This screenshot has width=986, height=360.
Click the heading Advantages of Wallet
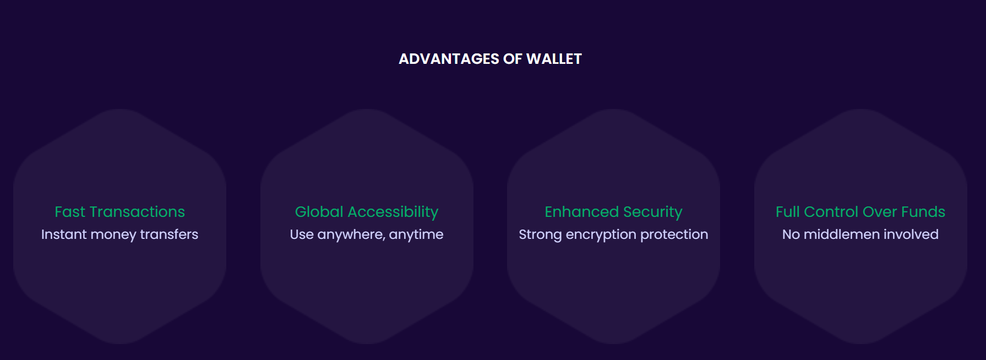(490, 59)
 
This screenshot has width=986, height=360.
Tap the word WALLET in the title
(554, 59)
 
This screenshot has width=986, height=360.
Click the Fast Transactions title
(119, 212)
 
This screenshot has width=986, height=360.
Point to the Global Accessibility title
(367, 212)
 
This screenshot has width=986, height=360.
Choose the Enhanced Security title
(613, 212)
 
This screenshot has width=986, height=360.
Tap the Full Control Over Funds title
(860, 212)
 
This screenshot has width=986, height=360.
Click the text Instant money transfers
(119, 235)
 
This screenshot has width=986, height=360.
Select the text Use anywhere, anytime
(367, 235)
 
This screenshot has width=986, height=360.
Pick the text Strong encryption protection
(613, 235)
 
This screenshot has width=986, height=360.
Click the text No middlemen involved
(860, 234)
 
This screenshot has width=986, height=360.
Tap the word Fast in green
(70, 212)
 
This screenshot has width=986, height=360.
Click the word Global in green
(319, 212)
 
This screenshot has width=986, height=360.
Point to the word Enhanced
(582, 212)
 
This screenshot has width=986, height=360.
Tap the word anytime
(416, 235)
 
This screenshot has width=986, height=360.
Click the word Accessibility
(393, 212)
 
